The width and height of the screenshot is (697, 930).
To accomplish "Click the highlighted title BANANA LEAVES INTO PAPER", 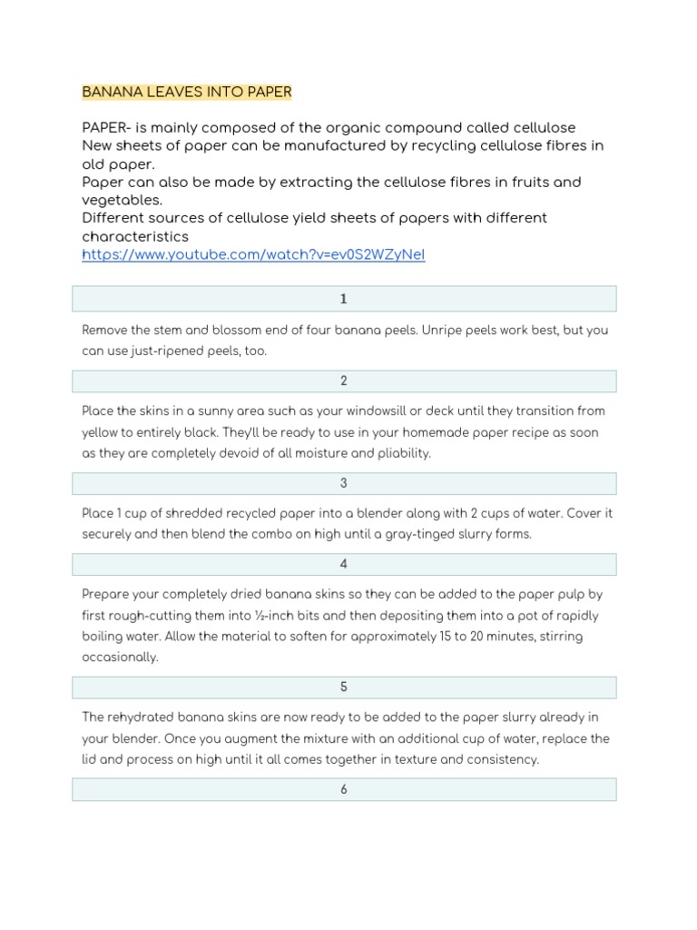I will tap(187, 92).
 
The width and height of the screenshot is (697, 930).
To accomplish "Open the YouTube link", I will tap(253, 255).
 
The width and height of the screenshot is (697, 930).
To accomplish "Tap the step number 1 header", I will tap(344, 299).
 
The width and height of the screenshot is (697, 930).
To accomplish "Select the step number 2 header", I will tap(344, 381).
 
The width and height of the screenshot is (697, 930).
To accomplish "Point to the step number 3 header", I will tap(344, 483).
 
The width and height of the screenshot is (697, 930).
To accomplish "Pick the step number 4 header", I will tap(344, 564).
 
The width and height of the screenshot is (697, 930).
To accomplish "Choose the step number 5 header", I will tap(344, 687).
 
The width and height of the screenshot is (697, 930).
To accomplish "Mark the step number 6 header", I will tap(344, 789).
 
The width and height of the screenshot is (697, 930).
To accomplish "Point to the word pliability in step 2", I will tap(399, 453).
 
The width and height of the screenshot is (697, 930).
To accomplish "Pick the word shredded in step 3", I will tap(178, 513).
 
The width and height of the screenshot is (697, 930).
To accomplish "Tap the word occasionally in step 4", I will tap(120, 657).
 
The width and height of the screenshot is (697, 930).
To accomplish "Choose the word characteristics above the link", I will tap(135, 237).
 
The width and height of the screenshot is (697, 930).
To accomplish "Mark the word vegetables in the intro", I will tap(122, 201).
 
